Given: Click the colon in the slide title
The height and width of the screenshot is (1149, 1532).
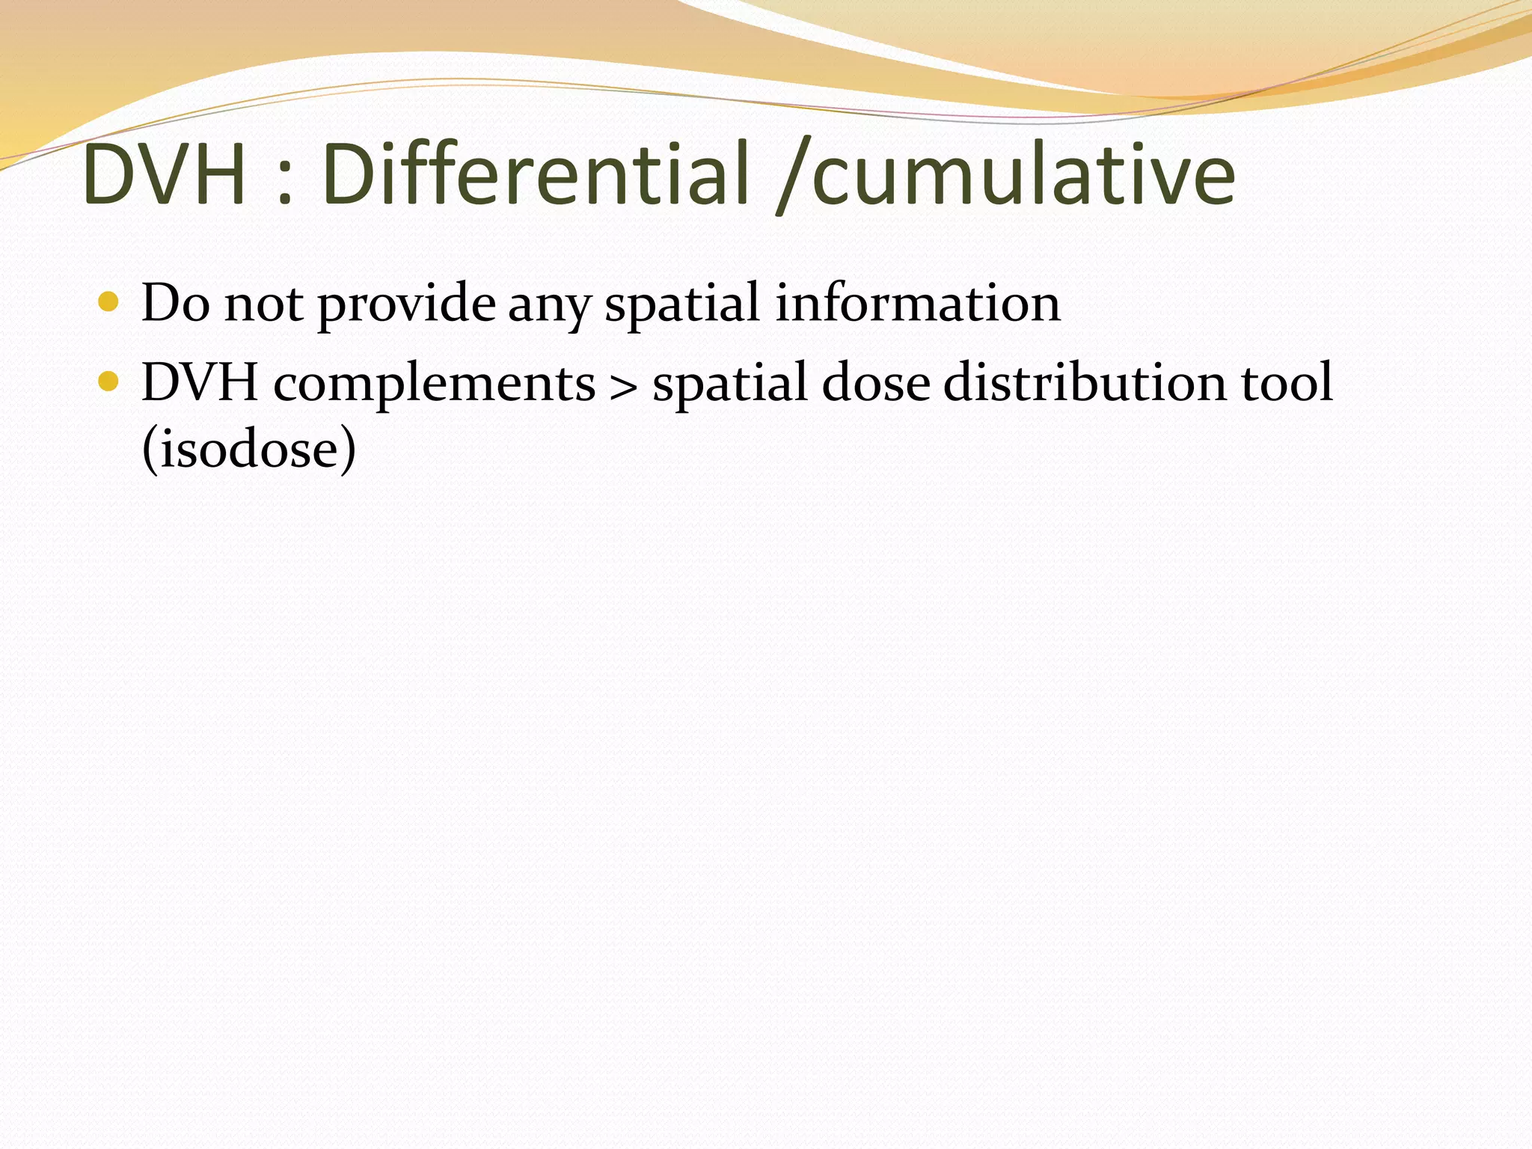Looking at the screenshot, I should [284, 184].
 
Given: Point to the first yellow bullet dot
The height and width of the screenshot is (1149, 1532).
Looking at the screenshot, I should [108, 301].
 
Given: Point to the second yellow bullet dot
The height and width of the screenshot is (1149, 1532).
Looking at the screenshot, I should [108, 382].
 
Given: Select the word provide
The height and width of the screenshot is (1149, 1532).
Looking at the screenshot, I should [406, 305].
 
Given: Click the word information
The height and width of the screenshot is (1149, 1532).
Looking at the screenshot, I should [917, 303].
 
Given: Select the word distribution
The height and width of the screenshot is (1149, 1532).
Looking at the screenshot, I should [1085, 383].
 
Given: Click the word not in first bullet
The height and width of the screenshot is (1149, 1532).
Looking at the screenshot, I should [264, 305].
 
